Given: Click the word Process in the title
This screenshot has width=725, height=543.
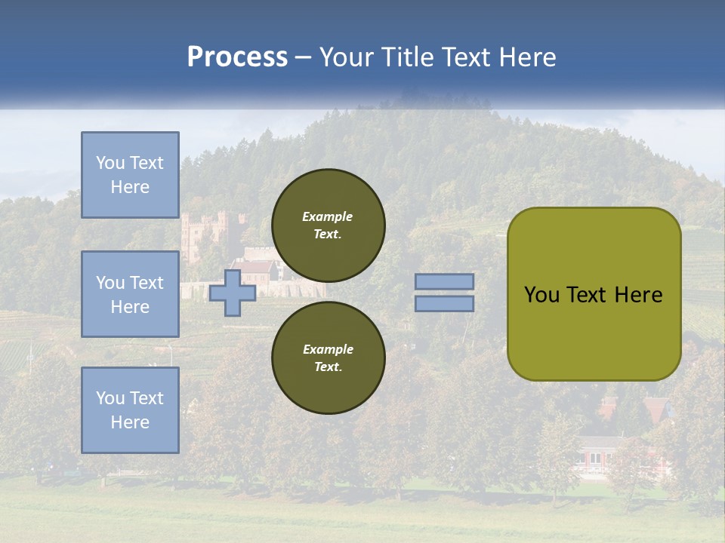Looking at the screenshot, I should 237,57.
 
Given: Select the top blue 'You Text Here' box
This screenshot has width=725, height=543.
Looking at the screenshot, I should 130,175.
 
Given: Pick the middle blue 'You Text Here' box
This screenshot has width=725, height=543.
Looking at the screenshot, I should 130,294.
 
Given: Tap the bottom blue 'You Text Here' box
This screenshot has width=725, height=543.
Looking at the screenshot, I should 130,410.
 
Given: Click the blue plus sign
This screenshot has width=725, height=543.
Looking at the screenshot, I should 232,293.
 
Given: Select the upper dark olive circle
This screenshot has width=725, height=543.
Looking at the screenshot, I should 328,225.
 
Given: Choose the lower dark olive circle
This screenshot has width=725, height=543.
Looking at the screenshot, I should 328,357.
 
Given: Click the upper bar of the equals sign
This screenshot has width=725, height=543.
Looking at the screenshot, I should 444,282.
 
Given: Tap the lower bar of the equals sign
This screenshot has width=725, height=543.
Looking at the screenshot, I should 444,303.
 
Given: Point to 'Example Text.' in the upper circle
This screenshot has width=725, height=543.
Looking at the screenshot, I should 328,225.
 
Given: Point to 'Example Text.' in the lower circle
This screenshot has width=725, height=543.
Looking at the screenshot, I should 328,357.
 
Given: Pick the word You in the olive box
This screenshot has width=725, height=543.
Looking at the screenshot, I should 541,294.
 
